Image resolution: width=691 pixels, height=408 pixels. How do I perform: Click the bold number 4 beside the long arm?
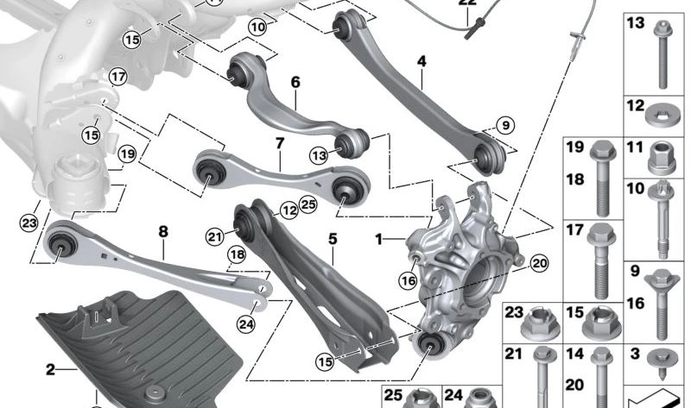click(422, 61)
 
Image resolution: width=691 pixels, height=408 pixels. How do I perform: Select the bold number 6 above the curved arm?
click(295, 83)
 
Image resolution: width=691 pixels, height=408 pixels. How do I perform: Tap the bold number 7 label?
click(280, 141)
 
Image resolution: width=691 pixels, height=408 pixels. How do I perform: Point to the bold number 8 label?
click(162, 231)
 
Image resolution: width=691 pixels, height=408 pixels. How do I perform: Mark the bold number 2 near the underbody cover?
click(50, 369)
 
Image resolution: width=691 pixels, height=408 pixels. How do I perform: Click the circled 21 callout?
click(214, 234)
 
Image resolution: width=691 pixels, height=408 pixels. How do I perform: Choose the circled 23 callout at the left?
click(29, 223)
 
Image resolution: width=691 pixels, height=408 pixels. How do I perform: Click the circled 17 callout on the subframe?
click(118, 78)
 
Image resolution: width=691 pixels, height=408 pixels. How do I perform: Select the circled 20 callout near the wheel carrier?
click(540, 263)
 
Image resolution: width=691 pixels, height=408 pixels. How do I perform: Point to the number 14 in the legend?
click(574, 354)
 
